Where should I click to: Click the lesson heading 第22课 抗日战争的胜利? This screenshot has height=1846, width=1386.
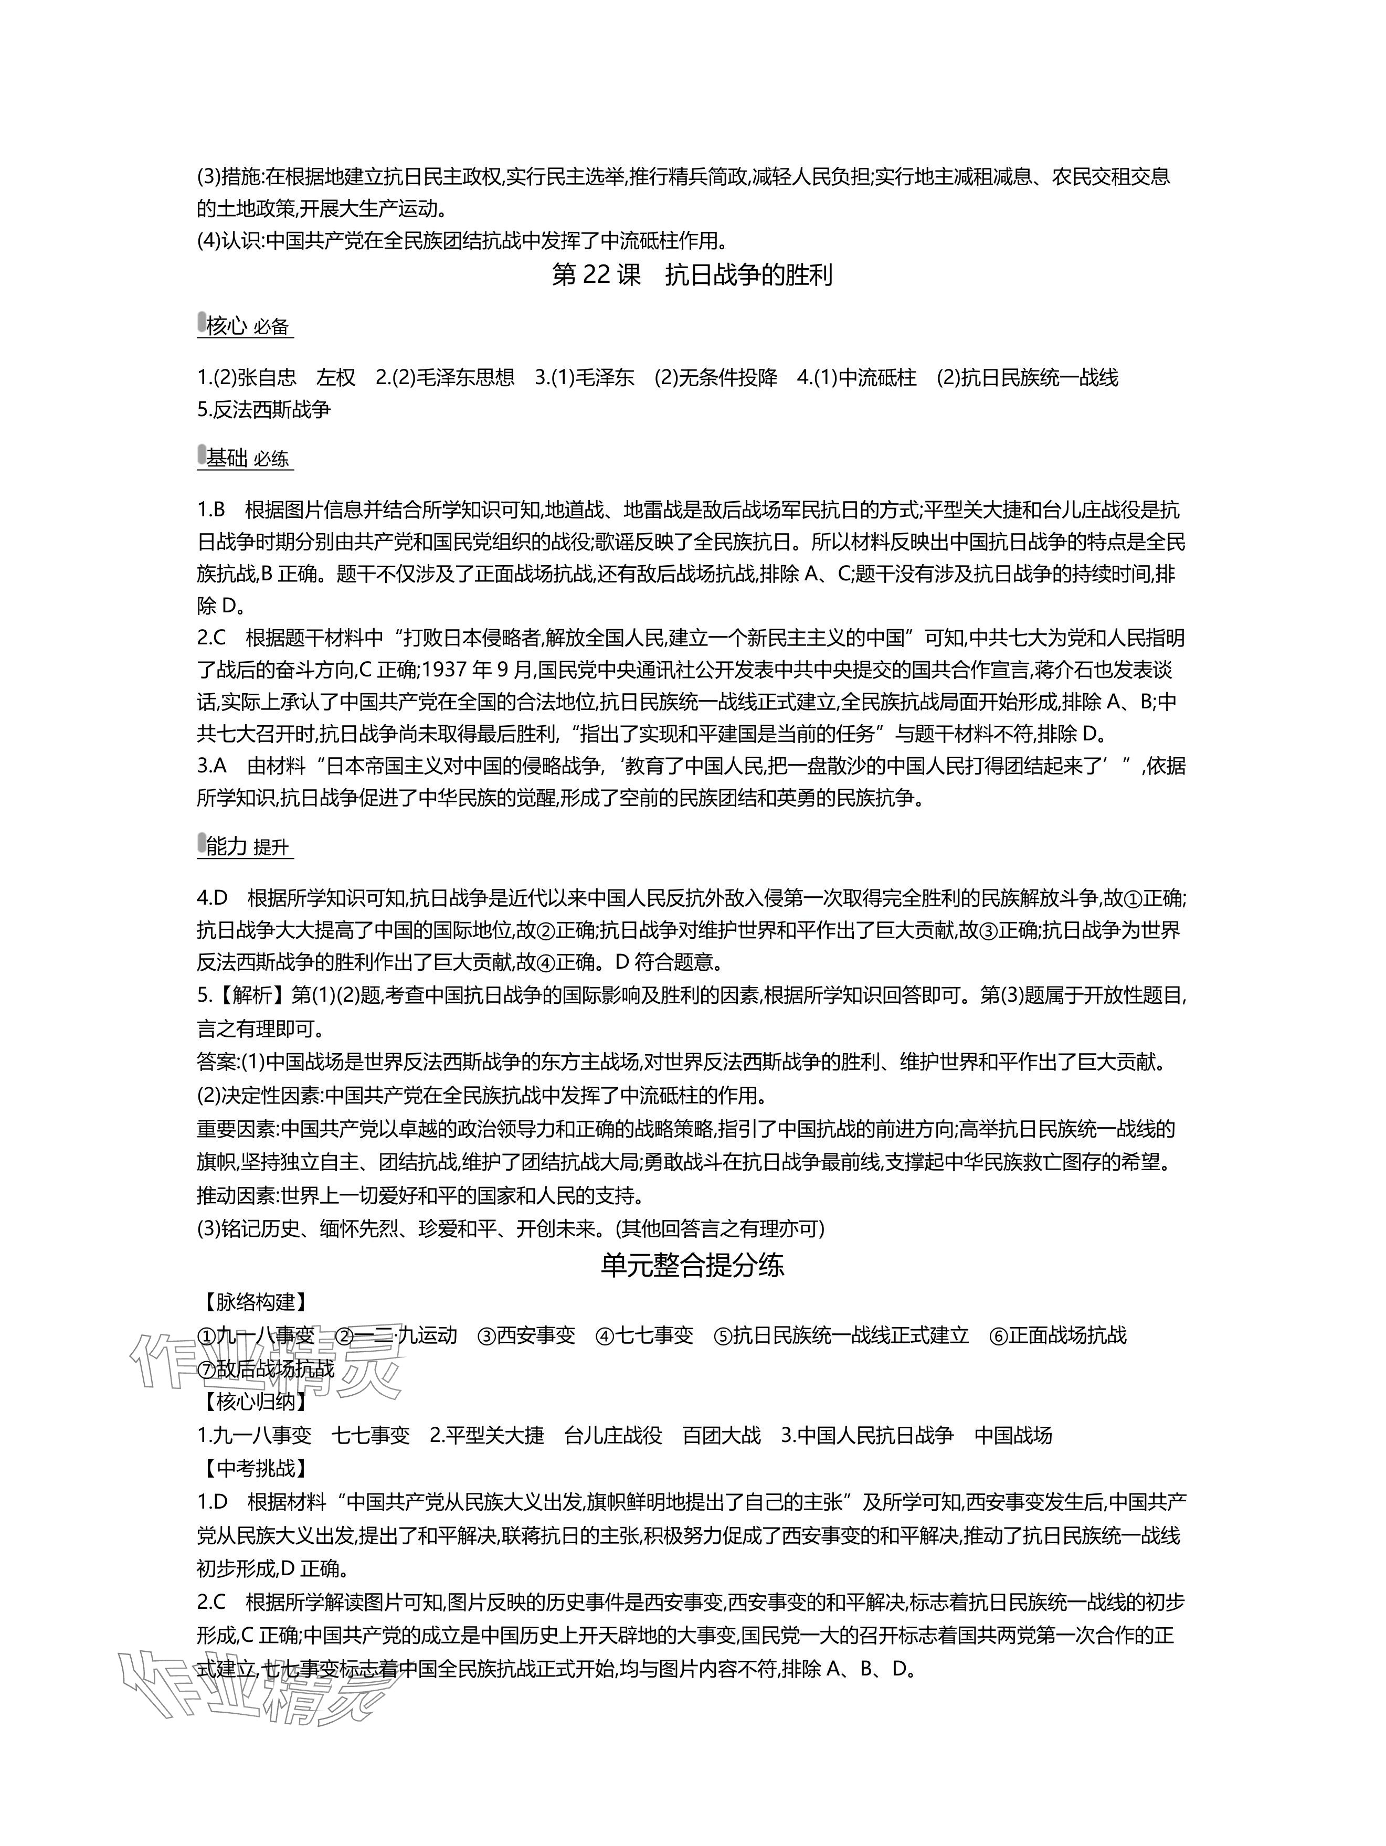[x=693, y=275]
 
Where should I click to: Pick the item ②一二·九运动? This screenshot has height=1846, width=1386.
[x=396, y=1335]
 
